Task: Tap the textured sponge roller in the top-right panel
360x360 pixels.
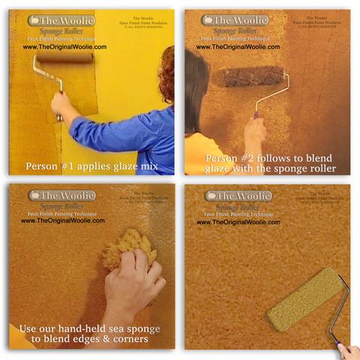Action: pos(253,76)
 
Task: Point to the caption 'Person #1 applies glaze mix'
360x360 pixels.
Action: pos(91,166)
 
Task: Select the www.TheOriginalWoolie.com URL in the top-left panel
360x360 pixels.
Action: pos(64,46)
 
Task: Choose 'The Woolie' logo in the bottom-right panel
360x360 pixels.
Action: pos(238,196)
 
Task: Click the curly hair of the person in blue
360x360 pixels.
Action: pos(166,75)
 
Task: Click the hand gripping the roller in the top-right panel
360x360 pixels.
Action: pos(255,129)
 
